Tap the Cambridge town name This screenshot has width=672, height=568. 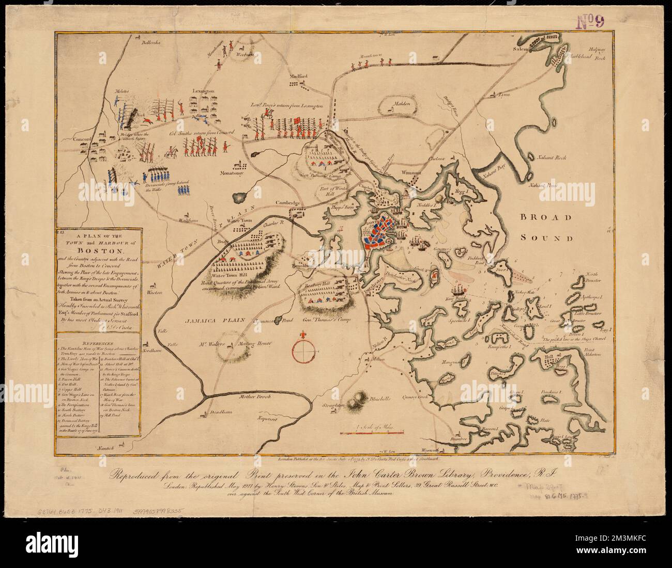coord(287,203)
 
